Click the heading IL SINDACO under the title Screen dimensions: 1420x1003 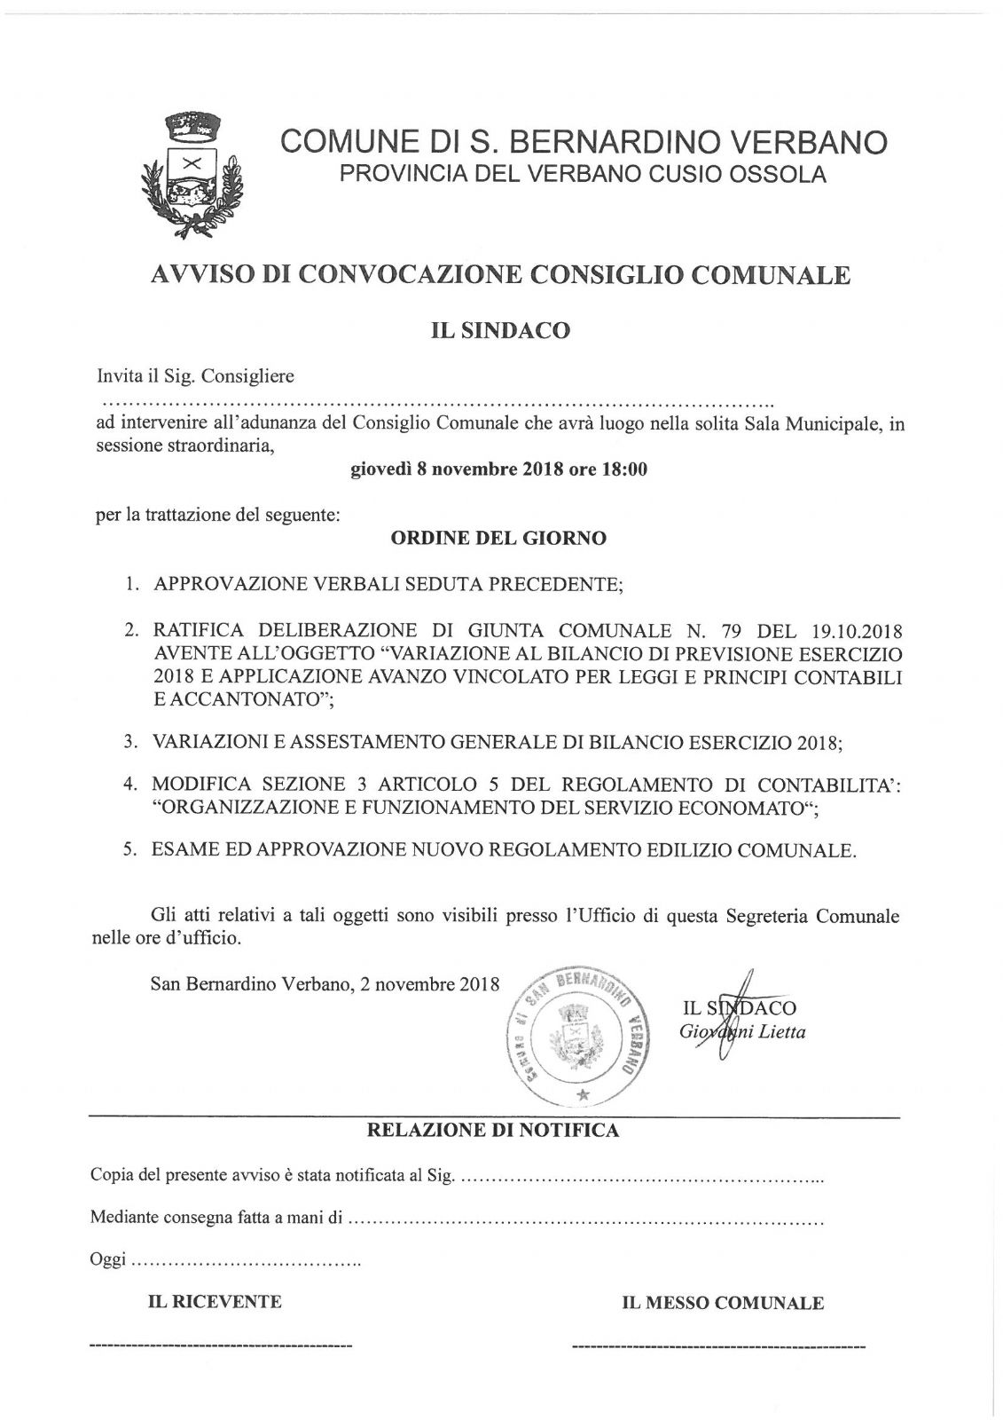click(x=501, y=331)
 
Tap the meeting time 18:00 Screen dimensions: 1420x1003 click(x=623, y=469)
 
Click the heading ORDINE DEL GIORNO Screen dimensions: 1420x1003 click(x=499, y=538)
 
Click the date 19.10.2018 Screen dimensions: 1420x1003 click(x=856, y=631)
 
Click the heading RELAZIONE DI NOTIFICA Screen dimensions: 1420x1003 click(x=493, y=1130)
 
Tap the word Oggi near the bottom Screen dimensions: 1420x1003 click(x=108, y=1259)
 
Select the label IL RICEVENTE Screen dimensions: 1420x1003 click(x=215, y=1302)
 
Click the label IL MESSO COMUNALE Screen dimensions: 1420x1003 click(x=723, y=1303)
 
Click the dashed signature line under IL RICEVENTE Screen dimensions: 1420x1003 click(x=222, y=1346)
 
